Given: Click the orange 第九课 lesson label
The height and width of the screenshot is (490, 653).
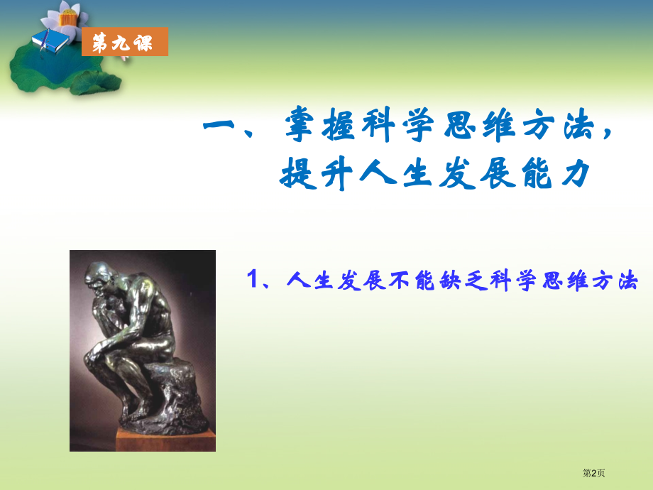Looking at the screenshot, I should click(125, 42).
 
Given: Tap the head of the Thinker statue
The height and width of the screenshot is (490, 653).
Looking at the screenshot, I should click(99, 278).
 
